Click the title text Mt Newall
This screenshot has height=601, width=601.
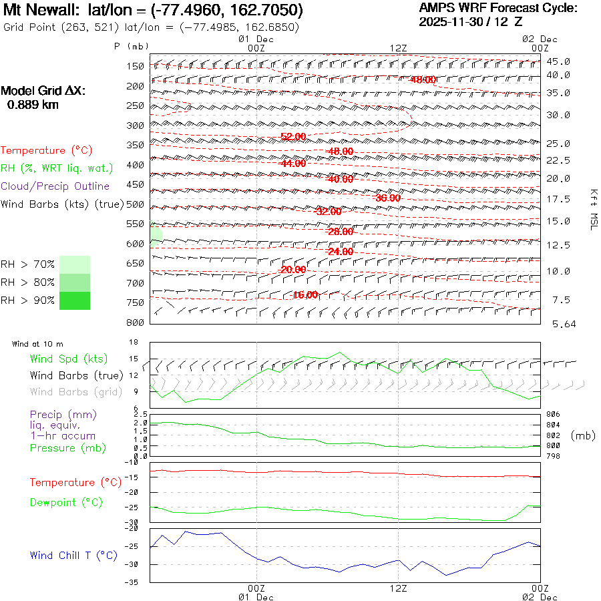(41, 11)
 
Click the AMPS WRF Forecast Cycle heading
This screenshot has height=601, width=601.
(497, 8)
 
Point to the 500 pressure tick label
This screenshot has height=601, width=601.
(135, 204)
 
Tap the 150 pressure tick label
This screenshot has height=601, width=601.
(135, 66)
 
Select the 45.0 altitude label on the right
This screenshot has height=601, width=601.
(558, 61)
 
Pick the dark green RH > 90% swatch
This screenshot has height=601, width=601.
(74, 300)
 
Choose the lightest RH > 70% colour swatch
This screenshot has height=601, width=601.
(74, 264)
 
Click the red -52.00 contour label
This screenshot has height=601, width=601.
(292, 136)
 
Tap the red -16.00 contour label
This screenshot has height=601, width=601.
(305, 294)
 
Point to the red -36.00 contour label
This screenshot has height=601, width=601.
(387, 198)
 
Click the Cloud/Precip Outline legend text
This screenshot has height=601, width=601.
(55, 186)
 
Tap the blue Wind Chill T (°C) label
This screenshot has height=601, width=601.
(73, 556)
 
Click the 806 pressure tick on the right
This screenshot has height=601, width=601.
(554, 415)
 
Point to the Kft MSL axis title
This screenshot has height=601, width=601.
(593, 209)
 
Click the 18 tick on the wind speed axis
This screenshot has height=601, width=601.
(133, 343)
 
